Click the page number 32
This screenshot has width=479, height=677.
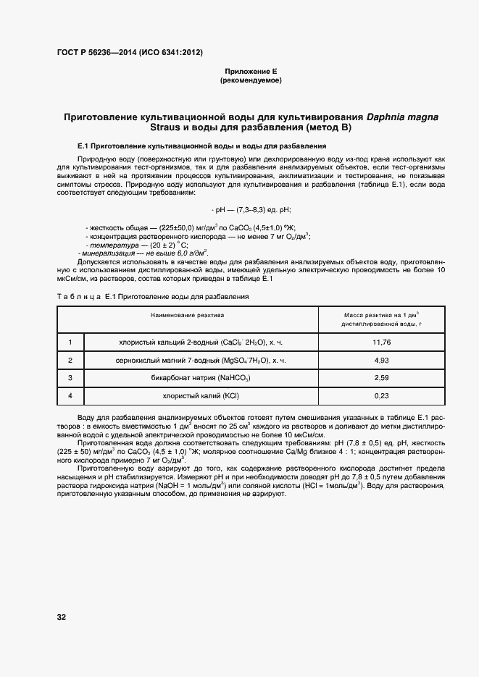point(62,616)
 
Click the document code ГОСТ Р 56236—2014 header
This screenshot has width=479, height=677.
point(129,53)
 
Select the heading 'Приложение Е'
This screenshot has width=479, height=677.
point(250,71)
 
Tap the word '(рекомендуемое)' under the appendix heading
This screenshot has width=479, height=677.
point(250,80)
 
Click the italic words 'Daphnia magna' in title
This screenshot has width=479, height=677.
point(402,116)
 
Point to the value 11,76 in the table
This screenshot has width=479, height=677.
point(381,342)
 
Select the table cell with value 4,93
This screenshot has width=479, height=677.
point(381,360)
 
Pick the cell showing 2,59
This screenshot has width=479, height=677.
point(381,377)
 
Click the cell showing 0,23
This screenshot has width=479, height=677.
point(381,395)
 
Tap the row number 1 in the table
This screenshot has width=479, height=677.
point(70,342)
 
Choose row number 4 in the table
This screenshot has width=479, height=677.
point(70,395)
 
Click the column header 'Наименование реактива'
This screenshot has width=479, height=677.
point(187,316)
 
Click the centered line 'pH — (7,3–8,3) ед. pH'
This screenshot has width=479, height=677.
point(250,209)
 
